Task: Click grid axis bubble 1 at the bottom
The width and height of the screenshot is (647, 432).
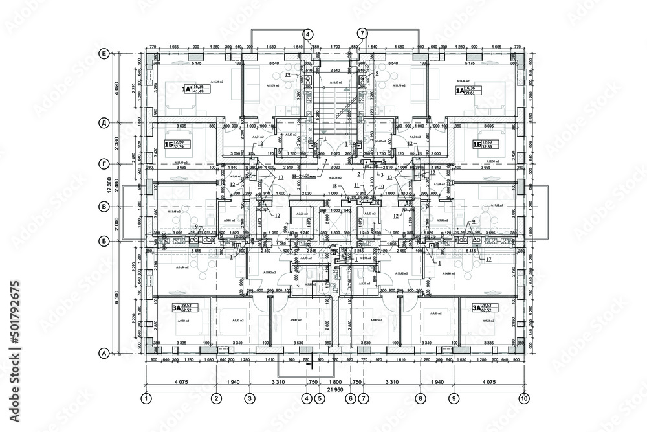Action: [147, 400]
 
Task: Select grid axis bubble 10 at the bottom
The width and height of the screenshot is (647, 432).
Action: [523, 400]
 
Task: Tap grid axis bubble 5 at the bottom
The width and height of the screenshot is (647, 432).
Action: [319, 400]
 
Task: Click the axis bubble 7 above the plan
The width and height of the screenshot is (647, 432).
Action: [362, 33]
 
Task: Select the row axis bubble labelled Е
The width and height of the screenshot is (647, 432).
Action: [103, 54]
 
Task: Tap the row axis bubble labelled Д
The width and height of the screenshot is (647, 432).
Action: [103, 122]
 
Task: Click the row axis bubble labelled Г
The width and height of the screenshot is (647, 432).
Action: [103, 164]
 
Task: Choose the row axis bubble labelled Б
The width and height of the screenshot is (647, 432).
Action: [103, 240]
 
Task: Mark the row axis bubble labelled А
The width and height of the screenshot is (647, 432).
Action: [103, 353]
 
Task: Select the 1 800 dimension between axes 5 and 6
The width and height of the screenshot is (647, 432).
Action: [334, 382]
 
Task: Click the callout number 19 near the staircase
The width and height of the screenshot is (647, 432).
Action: [287, 76]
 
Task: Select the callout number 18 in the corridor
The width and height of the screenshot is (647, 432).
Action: [335, 186]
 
